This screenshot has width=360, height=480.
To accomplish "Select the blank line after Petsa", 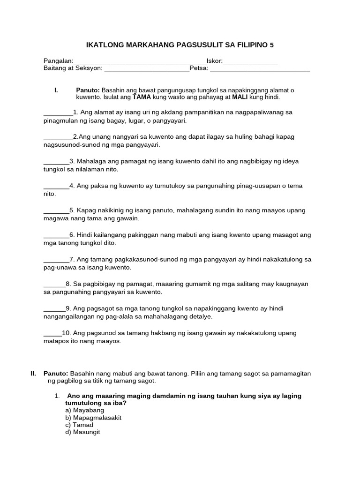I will [x=260, y=70].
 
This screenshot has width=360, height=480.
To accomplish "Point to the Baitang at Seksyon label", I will [x=72, y=69].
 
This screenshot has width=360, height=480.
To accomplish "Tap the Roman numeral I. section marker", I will [x=56, y=90].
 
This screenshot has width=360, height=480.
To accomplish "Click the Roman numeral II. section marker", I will [x=33, y=374].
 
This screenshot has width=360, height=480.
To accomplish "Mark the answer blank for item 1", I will [x=58, y=114].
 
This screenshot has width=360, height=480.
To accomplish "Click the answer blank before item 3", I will [x=56, y=163].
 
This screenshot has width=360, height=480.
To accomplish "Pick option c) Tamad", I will [x=79, y=425].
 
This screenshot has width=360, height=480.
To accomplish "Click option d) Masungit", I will [x=82, y=432].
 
